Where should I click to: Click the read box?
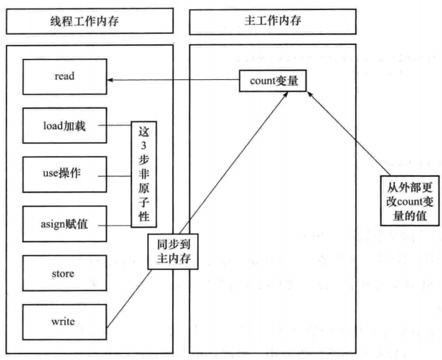[x=65, y=74]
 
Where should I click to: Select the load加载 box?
[x=65, y=126]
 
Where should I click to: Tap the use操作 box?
[x=65, y=174]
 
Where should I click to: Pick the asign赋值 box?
[x=65, y=224]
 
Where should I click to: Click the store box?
[x=65, y=274]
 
